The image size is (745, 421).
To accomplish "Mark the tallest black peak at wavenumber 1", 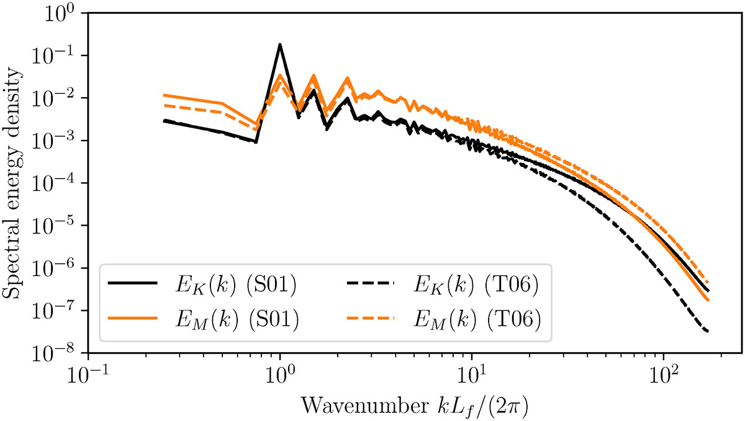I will click(280, 45).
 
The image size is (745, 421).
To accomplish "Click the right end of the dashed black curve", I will click(708, 331).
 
